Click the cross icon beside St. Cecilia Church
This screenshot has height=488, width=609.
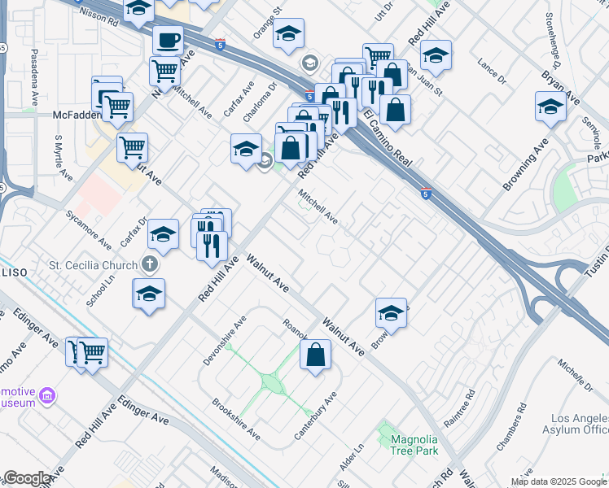pos(148,264)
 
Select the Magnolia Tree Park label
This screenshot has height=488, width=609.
pos(414,445)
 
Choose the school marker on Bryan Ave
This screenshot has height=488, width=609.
pos(550,107)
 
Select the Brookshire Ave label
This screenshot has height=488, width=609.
pos(236,419)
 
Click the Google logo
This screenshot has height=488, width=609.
pos(27,478)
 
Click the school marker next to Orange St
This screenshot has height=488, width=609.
pos(287,34)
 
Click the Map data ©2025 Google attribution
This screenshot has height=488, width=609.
pos(558,481)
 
